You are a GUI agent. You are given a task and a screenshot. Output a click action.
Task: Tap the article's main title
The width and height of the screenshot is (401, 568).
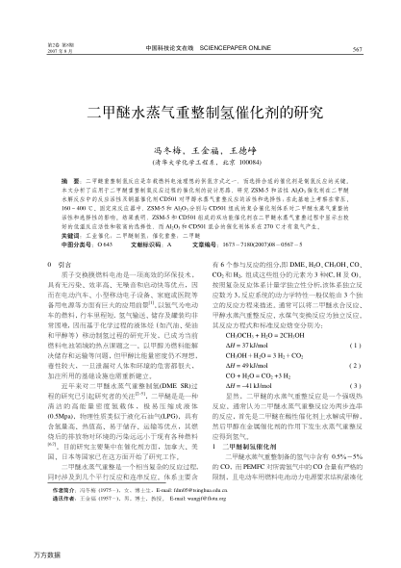click(201, 113)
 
